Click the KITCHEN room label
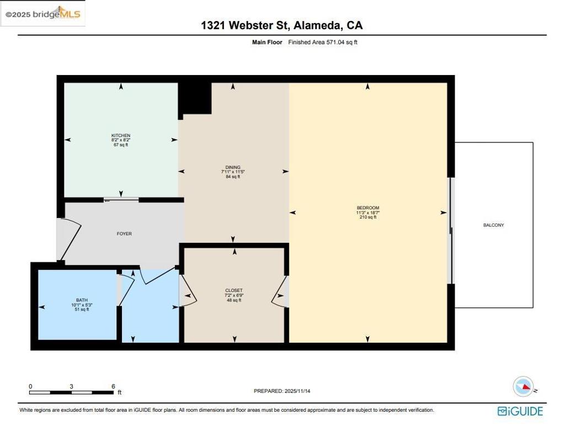pyautogui.click(x=121, y=135)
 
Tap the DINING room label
pyautogui.click(x=232, y=167)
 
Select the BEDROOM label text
pyautogui.click(x=367, y=208)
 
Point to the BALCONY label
pyautogui.click(x=493, y=225)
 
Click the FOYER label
pyautogui.click(x=124, y=233)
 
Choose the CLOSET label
pyautogui.click(x=233, y=290)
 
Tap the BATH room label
pyautogui.click(x=82, y=300)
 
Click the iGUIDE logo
pyautogui.click(x=520, y=411)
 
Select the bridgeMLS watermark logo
pyautogui.click(x=43, y=15)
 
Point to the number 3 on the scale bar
pyautogui.click(x=72, y=386)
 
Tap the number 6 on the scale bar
pyautogui.click(x=113, y=386)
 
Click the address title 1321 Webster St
pyautogui.click(x=246, y=25)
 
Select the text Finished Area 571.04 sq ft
pyautogui.click(x=322, y=42)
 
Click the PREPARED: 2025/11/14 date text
pyautogui.click(x=285, y=391)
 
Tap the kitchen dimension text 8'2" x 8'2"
pyautogui.click(x=121, y=140)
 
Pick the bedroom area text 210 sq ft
pyautogui.click(x=367, y=217)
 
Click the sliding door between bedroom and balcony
pyautogui.click(x=451, y=231)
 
